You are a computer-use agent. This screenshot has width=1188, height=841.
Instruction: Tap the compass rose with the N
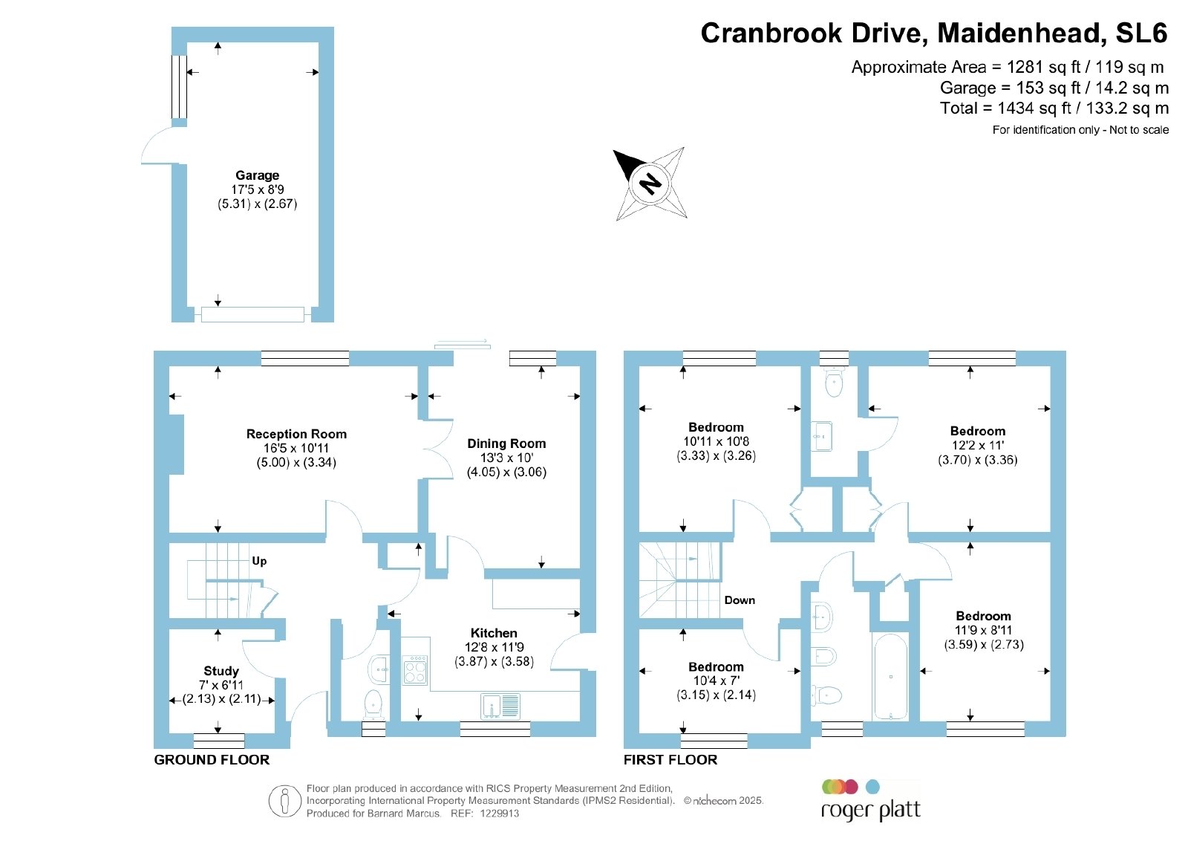tap(650, 184)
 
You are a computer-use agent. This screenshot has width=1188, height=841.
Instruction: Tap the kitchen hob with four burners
tap(415, 670)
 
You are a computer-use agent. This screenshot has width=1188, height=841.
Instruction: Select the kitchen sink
tap(500, 707)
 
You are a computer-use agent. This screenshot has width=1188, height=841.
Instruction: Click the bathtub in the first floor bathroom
tap(890, 677)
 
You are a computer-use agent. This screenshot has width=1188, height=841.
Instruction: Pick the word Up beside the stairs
tap(259, 561)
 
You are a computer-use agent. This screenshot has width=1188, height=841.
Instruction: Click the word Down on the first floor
tap(740, 600)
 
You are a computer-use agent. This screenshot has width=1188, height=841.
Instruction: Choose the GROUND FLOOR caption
tap(212, 760)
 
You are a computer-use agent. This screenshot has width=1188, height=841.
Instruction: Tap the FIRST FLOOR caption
tap(670, 760)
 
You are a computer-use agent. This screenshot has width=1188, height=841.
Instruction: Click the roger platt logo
tap(870, 800)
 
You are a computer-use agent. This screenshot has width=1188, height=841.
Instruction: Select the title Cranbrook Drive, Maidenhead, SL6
tap(934, 33)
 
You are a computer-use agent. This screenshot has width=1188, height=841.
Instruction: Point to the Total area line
tap(1054, 108)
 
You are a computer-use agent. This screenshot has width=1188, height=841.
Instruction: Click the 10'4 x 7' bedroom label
tap(716, 681)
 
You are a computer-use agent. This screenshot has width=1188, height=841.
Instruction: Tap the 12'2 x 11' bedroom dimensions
tap(977, 446)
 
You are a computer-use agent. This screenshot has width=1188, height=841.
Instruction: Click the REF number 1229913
tap(499, 814)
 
